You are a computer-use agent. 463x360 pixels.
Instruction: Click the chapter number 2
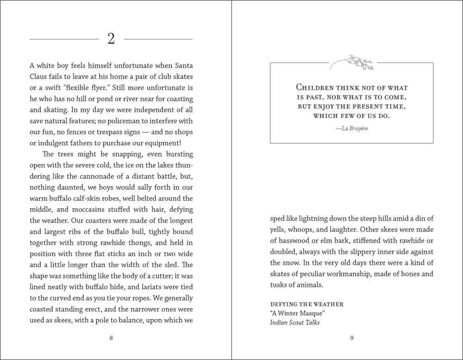111,39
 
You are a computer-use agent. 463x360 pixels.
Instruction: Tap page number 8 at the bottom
111,338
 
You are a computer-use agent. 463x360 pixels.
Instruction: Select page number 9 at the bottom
352,338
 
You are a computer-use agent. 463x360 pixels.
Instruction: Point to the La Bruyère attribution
352,128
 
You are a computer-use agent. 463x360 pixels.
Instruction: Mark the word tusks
280,285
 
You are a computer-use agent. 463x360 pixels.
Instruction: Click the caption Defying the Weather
307,304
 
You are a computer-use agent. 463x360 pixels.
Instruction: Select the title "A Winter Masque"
297,314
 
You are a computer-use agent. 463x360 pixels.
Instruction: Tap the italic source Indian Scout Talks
294,323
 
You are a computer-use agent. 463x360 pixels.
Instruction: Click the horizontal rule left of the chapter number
64,39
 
